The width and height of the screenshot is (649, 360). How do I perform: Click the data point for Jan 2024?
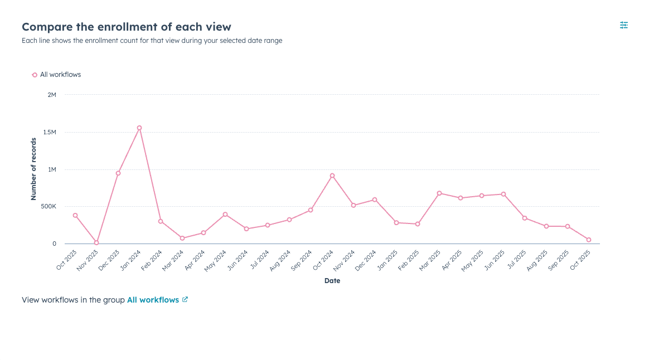139,128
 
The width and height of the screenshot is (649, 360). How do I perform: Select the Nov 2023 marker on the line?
96,242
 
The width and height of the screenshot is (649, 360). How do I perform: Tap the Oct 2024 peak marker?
332,176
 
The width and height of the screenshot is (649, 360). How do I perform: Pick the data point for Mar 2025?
439,193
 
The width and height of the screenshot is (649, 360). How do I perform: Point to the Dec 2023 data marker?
118,173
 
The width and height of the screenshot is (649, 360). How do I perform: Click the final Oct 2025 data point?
589,240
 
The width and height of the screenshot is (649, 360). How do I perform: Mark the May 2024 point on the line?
225,214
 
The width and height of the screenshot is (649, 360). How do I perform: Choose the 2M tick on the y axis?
52,95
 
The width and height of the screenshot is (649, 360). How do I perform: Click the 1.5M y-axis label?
50,132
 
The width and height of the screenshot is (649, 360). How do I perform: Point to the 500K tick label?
48,206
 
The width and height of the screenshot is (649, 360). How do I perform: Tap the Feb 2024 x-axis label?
152,260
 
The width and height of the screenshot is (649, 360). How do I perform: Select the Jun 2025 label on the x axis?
495,260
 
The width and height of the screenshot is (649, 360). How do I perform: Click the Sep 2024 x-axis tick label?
302,260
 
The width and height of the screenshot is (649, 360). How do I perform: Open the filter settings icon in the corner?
624,25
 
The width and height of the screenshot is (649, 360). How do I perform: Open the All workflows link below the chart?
153,300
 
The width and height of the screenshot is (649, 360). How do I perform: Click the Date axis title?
332,281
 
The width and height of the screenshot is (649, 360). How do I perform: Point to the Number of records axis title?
33,169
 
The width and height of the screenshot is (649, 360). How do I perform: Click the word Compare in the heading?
45,27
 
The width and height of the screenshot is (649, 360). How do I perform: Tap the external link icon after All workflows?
185,300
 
